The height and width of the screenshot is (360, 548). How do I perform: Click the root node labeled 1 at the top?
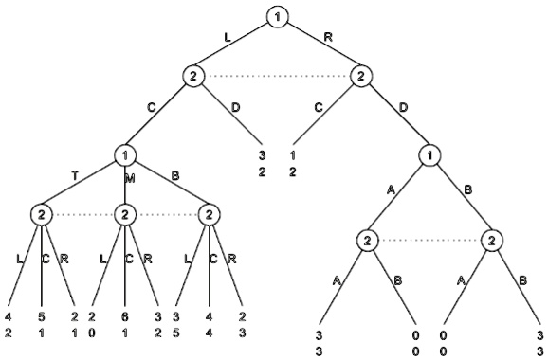click(276, 16)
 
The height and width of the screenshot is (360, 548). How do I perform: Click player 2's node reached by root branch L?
click(192, 76)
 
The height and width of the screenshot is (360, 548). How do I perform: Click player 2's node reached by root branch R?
click(360, 76)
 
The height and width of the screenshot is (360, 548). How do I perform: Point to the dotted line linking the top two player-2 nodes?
click(276, 76)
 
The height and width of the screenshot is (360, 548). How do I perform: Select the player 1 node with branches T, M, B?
click(125, 153)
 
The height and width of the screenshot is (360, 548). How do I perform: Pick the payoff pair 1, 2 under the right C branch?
click(294, 161)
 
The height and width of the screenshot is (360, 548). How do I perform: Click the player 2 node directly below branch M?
click(125, 213)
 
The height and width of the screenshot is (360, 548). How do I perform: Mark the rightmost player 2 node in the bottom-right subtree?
click(492, 241)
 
